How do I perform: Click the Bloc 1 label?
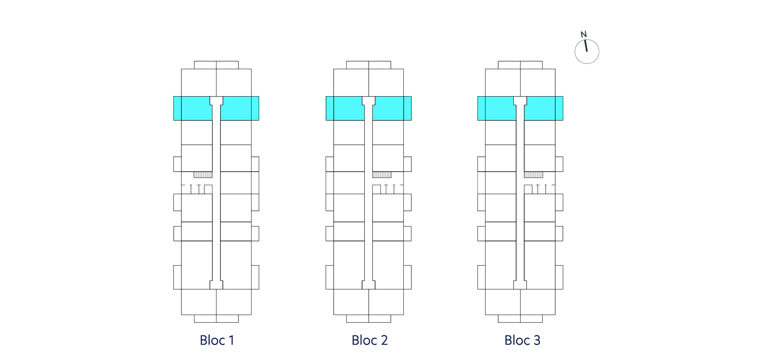point(217,340)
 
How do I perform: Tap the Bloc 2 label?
point(370,340)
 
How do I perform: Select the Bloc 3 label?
point(522,340)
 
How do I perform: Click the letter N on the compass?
point(583,35)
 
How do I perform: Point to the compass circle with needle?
point(587,51)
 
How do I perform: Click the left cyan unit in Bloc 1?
point(193,108)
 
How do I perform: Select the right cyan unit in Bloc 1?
point(240,108)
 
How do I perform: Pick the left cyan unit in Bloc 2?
point(345,108)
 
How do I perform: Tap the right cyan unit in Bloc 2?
point(392,108)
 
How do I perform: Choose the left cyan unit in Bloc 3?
point(497,108)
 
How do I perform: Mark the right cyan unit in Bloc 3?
point(544,108)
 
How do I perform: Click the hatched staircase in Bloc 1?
point(203,174)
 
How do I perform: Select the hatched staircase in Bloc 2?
point(382,174)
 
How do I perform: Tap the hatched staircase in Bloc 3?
point(534,174)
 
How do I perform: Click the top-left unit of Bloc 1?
point(199,83)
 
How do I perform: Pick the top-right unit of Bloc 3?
point(538,83)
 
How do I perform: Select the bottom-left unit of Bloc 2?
point(351,302)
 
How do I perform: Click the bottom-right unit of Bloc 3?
point(538,302)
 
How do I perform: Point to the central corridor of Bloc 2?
point(369,193)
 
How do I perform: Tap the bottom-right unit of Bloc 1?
point(234,302)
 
